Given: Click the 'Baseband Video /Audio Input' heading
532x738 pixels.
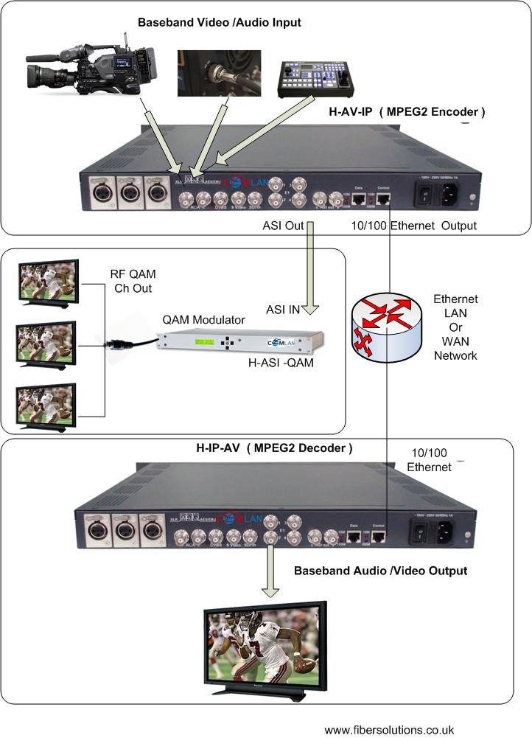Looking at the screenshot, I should tap(220, 23).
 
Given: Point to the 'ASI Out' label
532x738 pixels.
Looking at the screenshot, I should tap(284, 225).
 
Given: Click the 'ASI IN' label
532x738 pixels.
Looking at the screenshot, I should tap(283, 310).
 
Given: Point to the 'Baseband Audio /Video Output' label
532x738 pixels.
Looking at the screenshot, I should tap(380, 571).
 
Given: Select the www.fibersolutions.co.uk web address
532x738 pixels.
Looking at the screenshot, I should tap(390, 729).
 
